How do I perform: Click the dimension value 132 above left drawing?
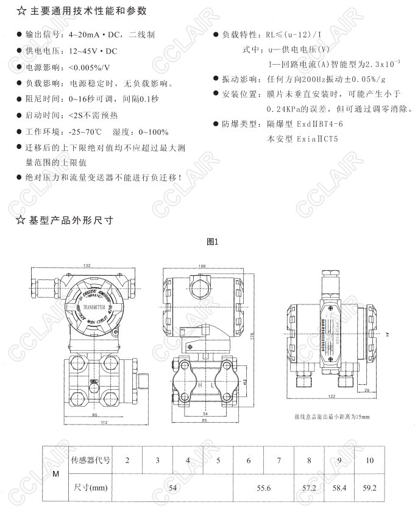tap(87, 265)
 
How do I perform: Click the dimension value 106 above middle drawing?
tap(202, 265)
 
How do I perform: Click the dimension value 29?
tap(366, 389)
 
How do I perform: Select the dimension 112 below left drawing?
tap(87, 423)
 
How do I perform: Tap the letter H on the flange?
tap(197, 386)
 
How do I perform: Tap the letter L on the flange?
tap(213, 386)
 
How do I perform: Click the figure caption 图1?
tap(213, 241)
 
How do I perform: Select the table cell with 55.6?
tap(263, 488)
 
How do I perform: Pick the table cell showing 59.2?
tap(369, 488)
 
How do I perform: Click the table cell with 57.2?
tap(310, 488)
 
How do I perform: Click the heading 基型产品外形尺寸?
tap(70, 220)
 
